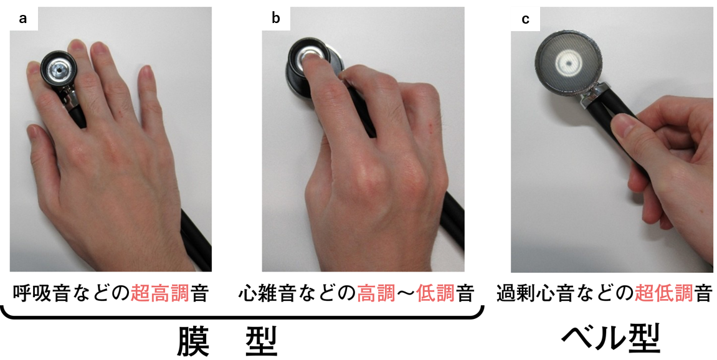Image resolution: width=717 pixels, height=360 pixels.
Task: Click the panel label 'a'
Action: (x=24, y=19)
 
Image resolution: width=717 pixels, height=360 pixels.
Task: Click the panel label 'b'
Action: (x=276, y=19)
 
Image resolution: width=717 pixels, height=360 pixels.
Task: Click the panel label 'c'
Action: (x=526, y=19)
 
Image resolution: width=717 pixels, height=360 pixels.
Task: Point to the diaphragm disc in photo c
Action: (x=567, y=62)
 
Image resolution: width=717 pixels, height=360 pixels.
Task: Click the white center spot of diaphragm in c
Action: (x=567, y=62)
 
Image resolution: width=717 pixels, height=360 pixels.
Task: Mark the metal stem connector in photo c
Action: (x=590, y=95)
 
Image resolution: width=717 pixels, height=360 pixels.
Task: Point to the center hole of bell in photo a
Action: (x=59, y=70)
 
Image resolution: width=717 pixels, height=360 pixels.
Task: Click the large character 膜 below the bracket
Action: (x=193, y=338)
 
